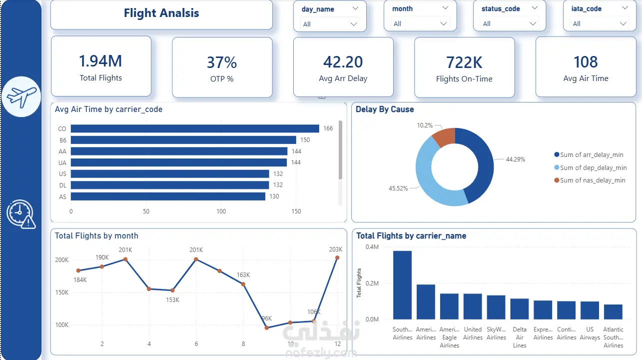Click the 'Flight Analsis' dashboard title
pyautogui.click(x=161, y=13)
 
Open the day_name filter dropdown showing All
pyautogui.click(x=330, y=24)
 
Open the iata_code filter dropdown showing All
pyautogui.click(x=599, y=24)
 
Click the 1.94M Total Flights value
pyautogui.click(x=100, y=61)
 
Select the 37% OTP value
pyautogui.click(x=222, y=62)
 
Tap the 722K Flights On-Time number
pyautogui.click(x=464, y=62)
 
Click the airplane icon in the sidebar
pyautogui.click(x=21, y=96)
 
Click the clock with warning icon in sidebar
pyautogui.click(x=21, y=214)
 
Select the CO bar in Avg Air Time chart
pyautogui.click(x=195, y=128)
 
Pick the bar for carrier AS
pyautogui.click(x=168, y=196)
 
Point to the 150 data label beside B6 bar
pyautogui.click(x=305, y=140)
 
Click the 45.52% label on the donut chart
pyautogui.click(x=398, y=188)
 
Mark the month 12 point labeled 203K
pyautogui.click(x=337, y=258)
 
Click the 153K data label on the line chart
pyautogui.click(x=172, y=300)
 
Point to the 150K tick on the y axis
pyautogui.click(x=62, y=292)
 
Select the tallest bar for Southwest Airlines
pyautogui.click(x=402, y=285)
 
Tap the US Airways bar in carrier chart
pyautogui.click(x=590, y=310)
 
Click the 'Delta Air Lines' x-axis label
pyautogui.click(x=520, y=337)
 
